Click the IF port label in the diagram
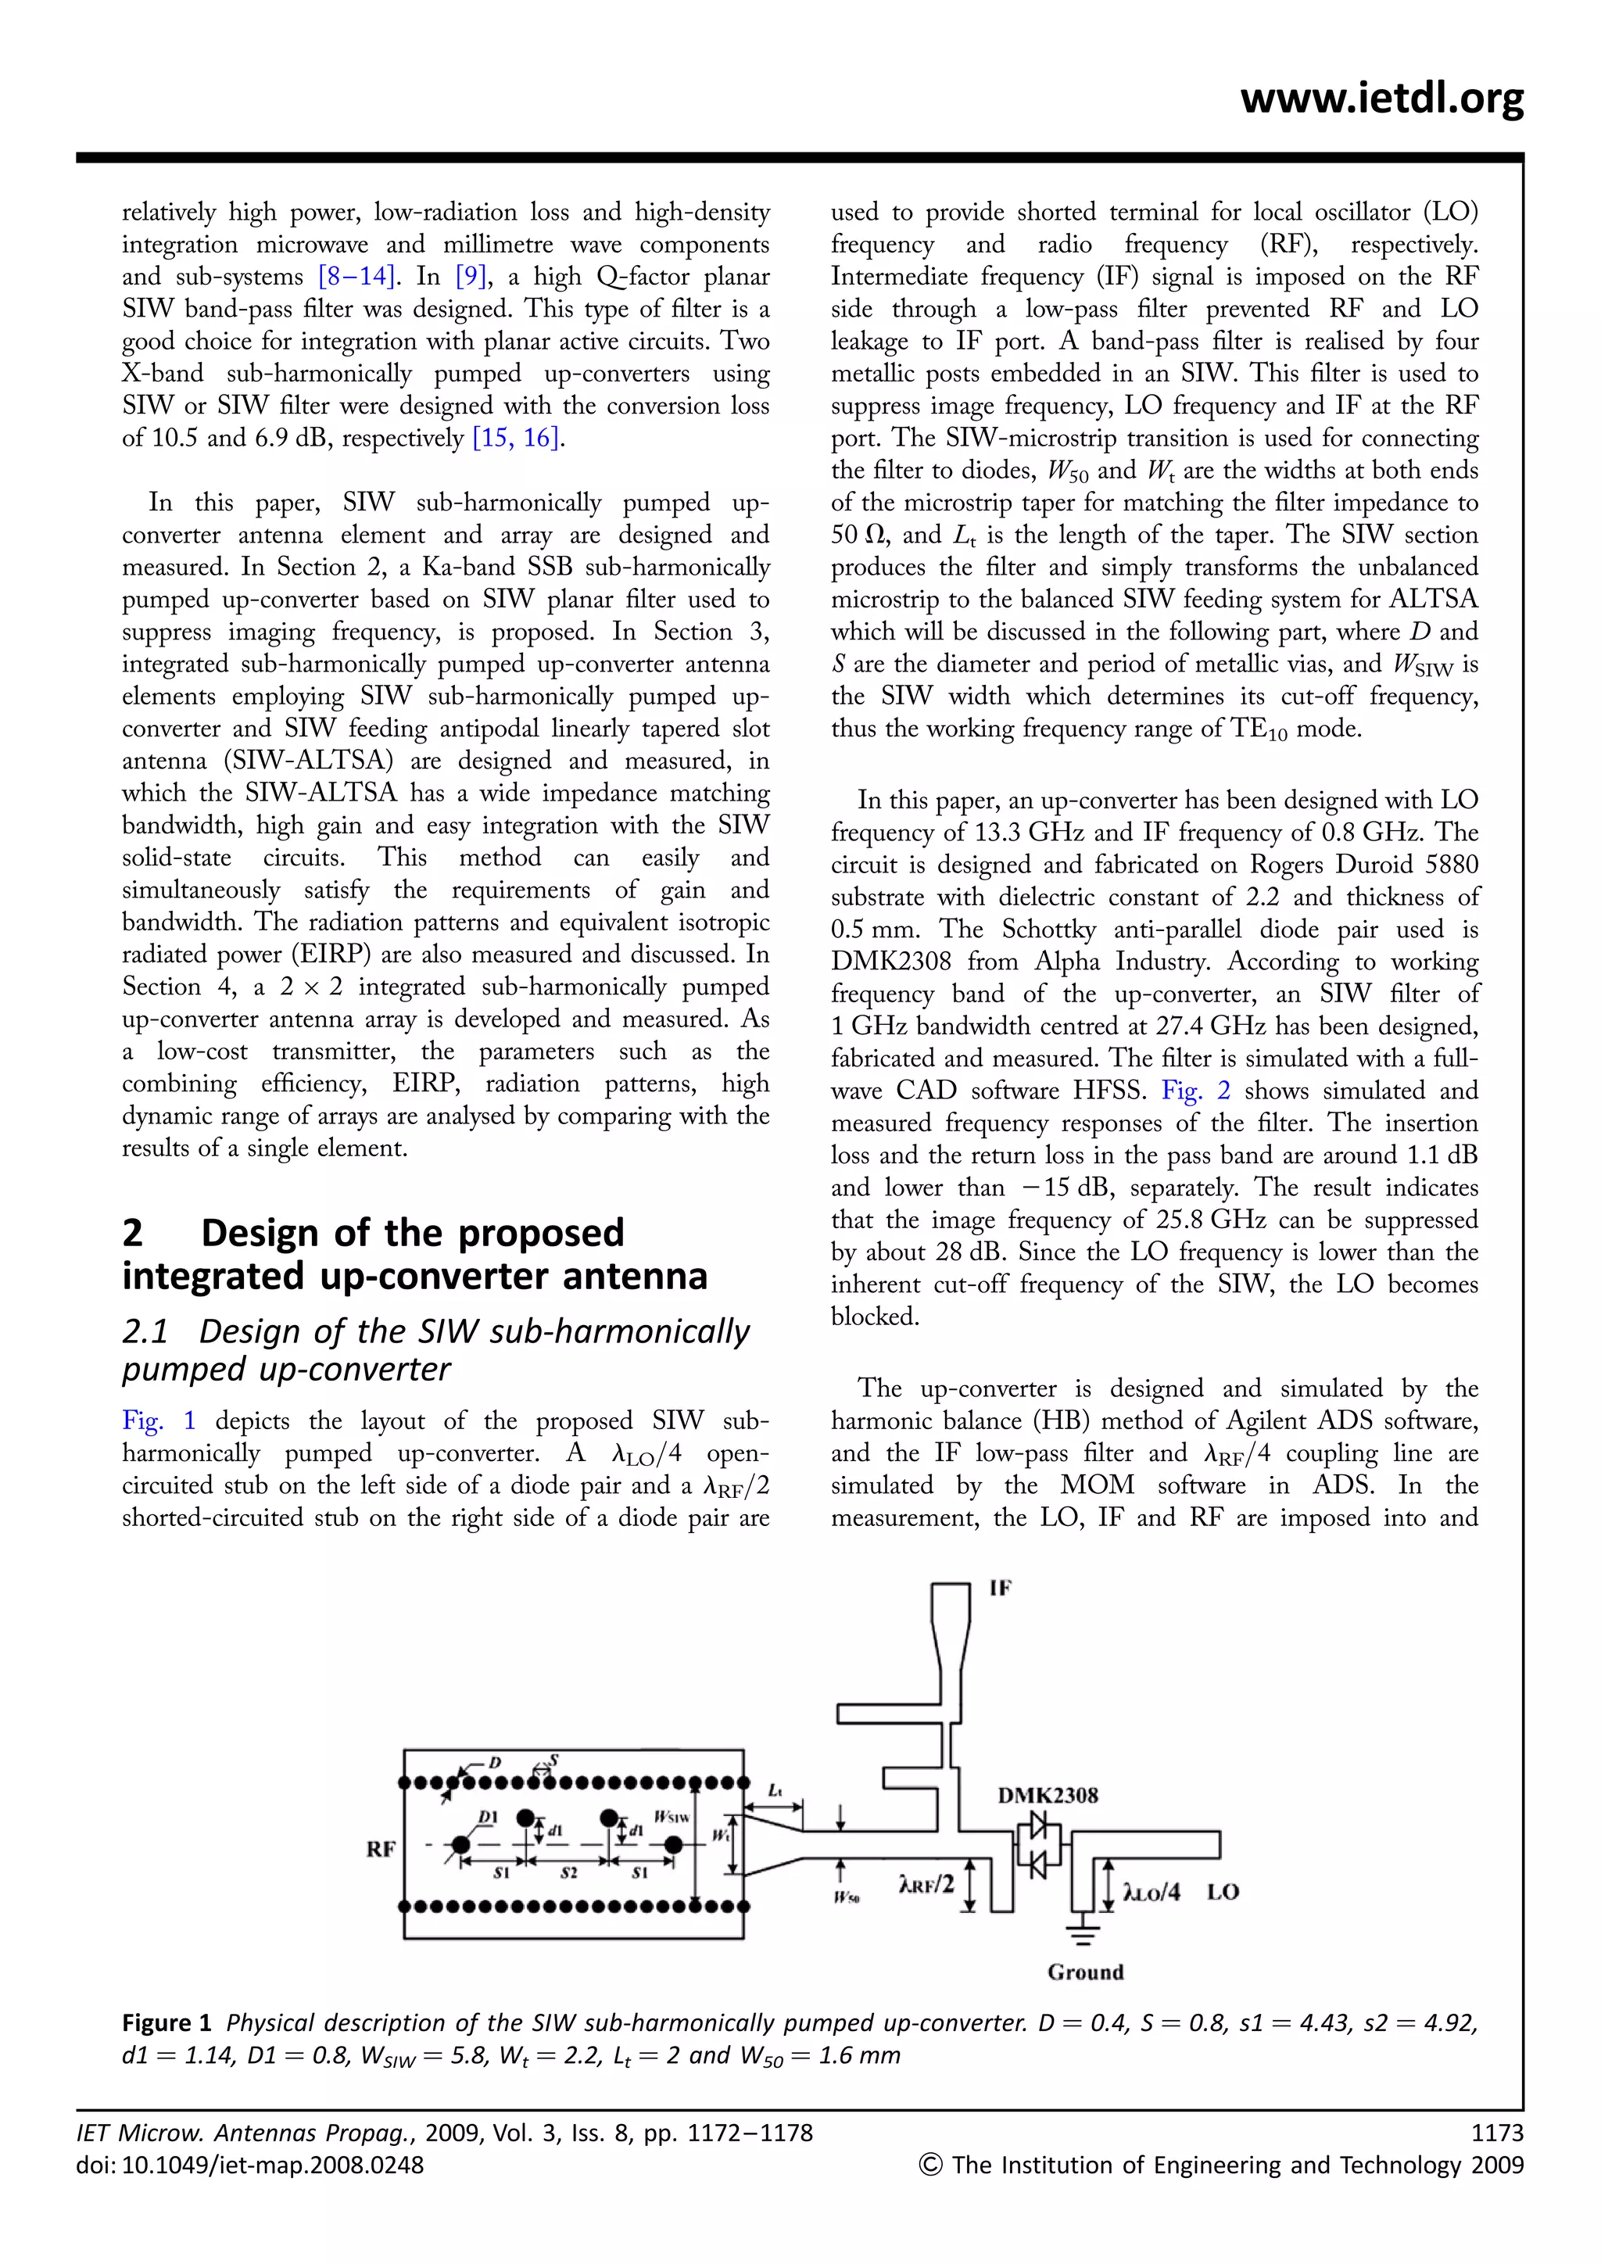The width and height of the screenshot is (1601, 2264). [1000, 1589]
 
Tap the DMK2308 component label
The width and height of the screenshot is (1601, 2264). [1047, 1795]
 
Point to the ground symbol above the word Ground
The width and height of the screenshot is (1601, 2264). [1083, 1932]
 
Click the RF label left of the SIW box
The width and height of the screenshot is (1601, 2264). [381, 1849]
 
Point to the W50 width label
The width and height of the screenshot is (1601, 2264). [846, 1897]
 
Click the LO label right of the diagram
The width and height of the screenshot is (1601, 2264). [1223, 1891]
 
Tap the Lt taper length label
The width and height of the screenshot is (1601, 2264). [775, 1789]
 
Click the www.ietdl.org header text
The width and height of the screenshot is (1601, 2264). [1381, 99]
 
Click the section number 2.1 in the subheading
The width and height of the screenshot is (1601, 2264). [145, 1331]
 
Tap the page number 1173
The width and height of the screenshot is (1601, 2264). [1496, 2133]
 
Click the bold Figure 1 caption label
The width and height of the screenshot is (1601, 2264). [167, 2022]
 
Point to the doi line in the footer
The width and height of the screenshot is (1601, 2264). [249, 2165]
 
